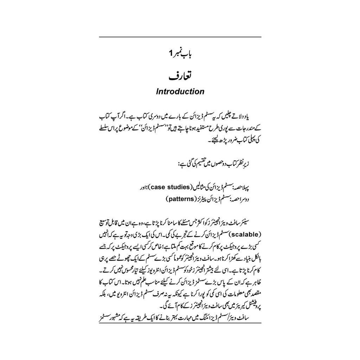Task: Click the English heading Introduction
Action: click(180, 92)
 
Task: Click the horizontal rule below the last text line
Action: click(180, 324)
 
